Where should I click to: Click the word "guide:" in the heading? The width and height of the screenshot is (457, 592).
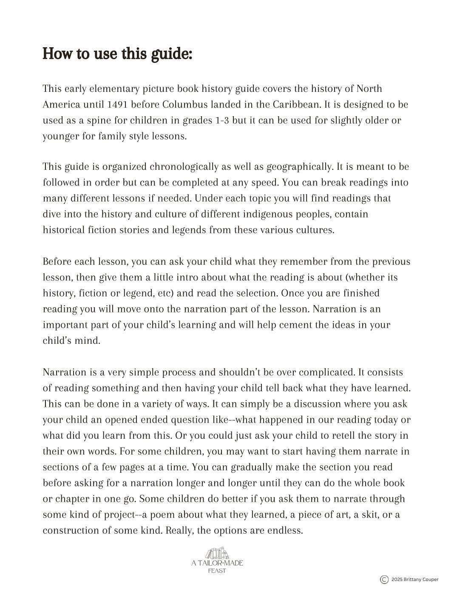pyautogui.click(x=172, y=54)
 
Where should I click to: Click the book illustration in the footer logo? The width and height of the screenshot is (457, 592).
pyautogui.click(x=217, y=553)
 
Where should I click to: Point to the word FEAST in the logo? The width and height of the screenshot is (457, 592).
pyautogui.click(x=217, y=571)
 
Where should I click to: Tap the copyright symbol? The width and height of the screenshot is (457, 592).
pyautogui.click(x=384, y=579)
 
